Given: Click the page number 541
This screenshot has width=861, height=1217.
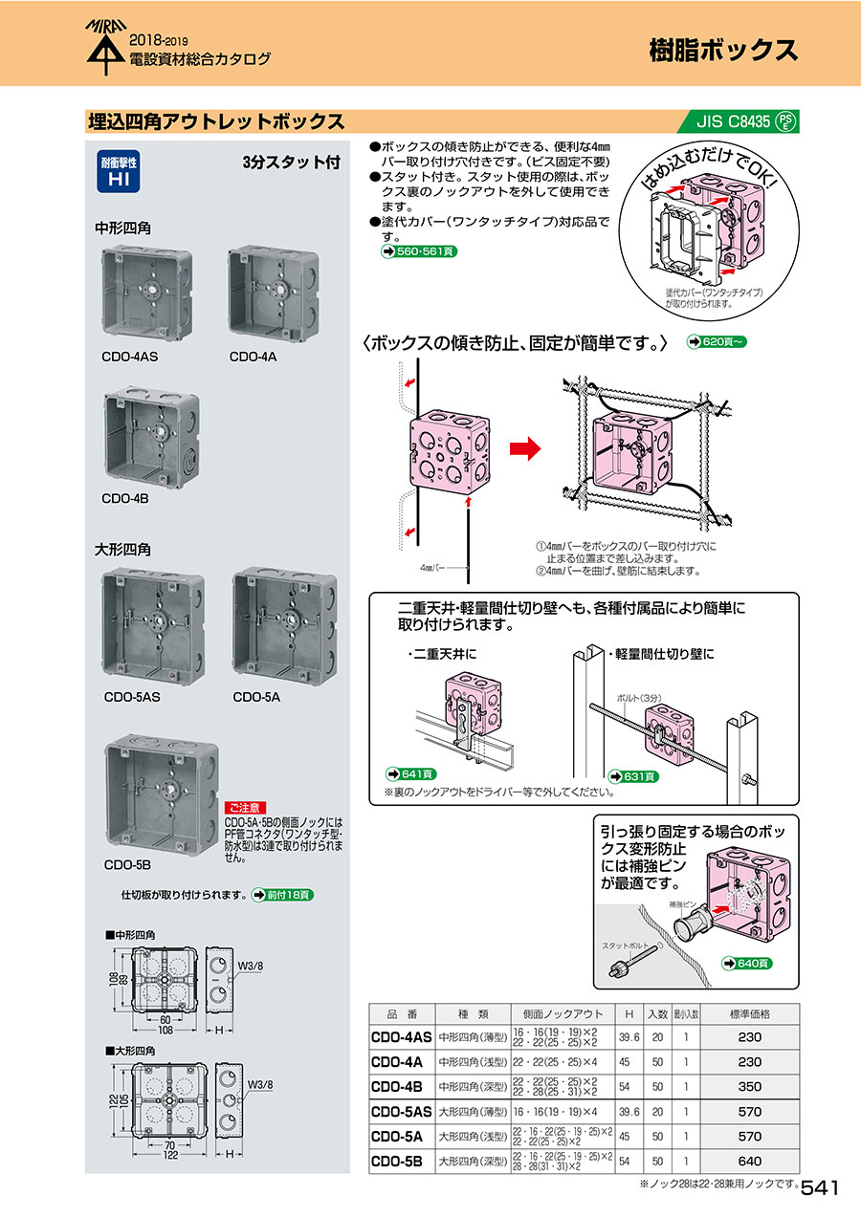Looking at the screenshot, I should [x=820, y=1187].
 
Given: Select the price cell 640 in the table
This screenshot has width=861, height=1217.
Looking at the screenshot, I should [x=750, y=1163].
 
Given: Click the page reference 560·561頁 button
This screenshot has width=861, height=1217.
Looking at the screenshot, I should [x=418, y=251].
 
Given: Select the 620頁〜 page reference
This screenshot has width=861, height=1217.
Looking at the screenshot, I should [x=716, y=341].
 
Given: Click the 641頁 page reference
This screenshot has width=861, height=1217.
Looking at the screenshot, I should [x=409, y=773].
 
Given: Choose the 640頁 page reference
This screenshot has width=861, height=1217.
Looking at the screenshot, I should [x=748, y=964].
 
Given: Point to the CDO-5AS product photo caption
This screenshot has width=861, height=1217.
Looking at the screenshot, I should [x=132, y=697].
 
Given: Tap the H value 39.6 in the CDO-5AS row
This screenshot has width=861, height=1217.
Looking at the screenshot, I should [x=629, y=1112].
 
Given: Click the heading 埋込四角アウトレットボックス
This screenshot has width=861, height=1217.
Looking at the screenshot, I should [x=215, y=121].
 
